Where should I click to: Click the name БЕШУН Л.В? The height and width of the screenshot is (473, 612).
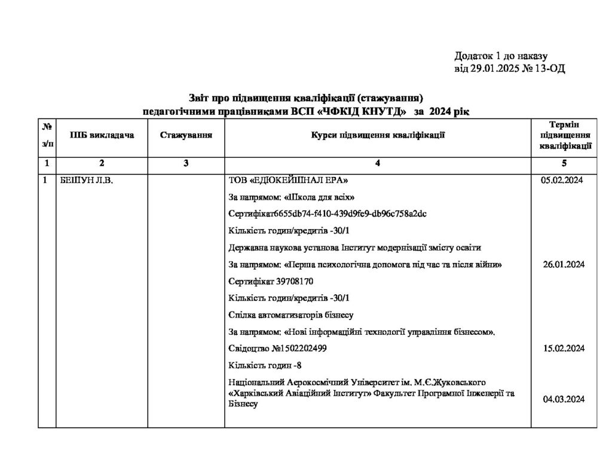pos(87,181)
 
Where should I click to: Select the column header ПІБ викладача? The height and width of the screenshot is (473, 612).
pos(102,135)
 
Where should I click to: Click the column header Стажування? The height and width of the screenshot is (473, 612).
pos(186,135)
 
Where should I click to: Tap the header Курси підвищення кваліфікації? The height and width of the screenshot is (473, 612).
pos(377,135)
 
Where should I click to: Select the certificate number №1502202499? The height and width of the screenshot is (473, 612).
pos(297,348)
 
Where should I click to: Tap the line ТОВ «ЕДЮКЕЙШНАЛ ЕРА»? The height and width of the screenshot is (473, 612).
pos(287,181)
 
